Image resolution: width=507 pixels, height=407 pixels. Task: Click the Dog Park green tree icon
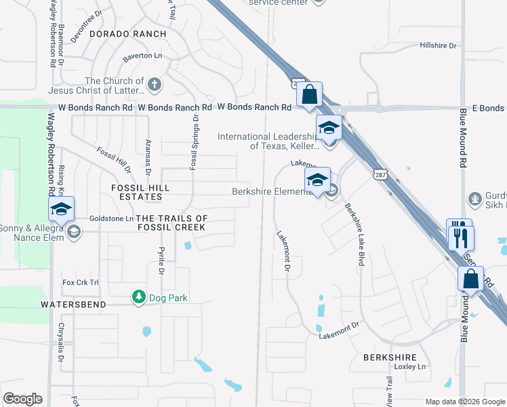[x=139, y=297]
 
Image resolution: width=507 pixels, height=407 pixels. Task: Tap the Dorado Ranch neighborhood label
[x=127, y=33]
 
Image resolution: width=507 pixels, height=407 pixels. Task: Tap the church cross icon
[x=155, y=85]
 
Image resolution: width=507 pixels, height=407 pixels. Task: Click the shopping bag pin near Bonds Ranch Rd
[x=309, y=96]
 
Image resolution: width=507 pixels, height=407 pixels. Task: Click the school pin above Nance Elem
[x=61, y=210]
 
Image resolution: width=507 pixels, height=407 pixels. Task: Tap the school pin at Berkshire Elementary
[x=317, y=180]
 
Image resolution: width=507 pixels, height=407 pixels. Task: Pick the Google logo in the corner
[x=22, y=399]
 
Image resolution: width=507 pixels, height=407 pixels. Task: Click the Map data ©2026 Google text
[x=464, y=402]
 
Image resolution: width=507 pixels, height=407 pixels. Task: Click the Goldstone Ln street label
[x=111, y=218]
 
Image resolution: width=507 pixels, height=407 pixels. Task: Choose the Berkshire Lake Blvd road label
[x=353, y=234]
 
